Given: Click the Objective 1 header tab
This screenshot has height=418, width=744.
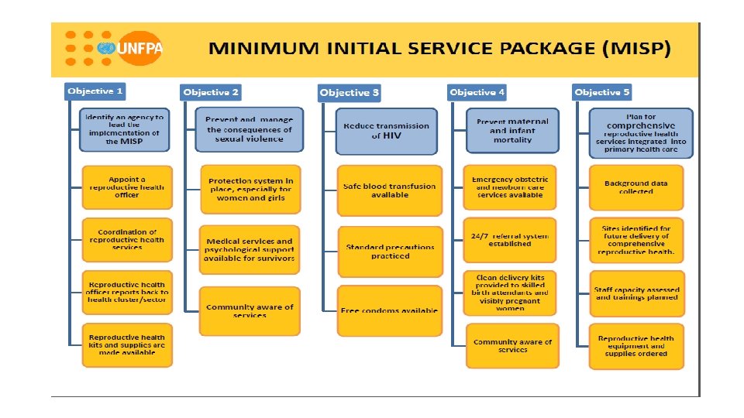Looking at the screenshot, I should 95,91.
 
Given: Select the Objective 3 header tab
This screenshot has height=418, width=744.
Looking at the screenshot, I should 350,93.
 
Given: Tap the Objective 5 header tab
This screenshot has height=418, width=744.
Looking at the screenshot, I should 602,92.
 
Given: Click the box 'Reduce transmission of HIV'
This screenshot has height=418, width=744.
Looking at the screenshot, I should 387,131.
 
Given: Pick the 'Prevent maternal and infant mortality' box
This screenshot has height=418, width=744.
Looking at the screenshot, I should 511,130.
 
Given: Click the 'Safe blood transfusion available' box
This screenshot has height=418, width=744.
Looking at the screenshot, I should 390,190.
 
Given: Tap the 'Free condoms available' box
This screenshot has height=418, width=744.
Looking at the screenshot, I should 390,310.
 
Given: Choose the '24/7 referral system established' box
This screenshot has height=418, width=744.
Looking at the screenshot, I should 510,240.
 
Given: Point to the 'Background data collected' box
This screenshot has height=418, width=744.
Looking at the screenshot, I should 636,187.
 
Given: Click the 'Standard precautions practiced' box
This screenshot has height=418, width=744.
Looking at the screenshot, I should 390,252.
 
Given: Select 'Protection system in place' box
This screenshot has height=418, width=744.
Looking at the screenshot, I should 251,189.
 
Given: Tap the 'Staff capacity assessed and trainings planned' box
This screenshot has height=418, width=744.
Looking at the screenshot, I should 636,293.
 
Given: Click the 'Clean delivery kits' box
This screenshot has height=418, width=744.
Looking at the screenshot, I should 510,293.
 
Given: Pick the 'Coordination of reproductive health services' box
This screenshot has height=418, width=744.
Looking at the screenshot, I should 127,240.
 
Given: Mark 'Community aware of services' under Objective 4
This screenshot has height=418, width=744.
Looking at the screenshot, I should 512,346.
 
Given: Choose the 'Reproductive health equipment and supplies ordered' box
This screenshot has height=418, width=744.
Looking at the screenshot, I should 636,346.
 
